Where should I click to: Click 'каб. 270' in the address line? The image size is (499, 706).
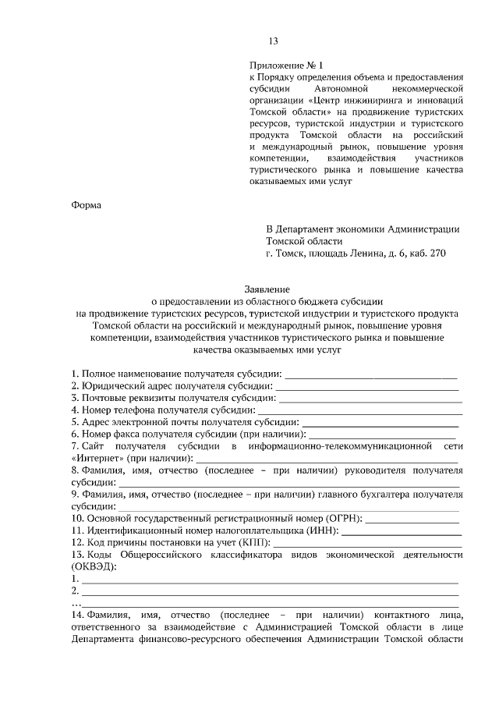(426, 253)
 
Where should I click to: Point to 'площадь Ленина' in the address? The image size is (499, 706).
(342, 253)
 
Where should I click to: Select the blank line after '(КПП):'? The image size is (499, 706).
(366, 541)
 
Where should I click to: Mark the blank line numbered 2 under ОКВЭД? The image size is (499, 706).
(270, 593)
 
